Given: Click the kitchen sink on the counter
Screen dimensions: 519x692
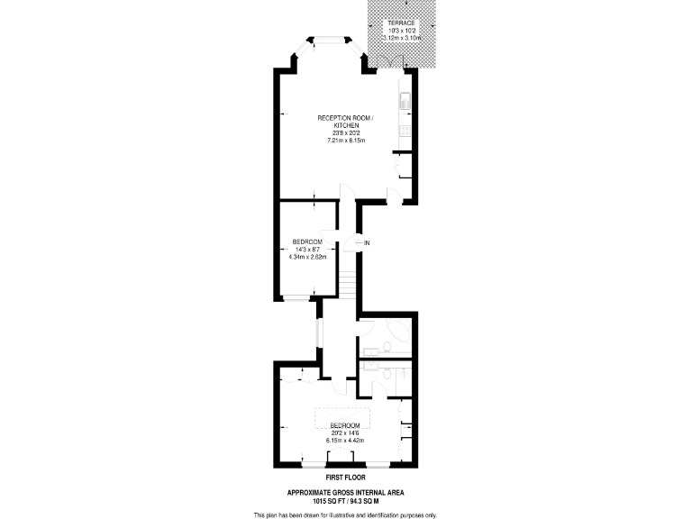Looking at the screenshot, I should pyautogui.click(x=405, y=101).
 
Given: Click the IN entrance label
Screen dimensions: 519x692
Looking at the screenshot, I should pyautogui.click(x=368, y=243).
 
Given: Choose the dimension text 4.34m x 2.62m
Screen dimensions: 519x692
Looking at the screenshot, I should pyautogui.click(x=307, y=257).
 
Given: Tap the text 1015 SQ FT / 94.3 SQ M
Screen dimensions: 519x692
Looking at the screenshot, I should pyautogui.click(x=345, y=499).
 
